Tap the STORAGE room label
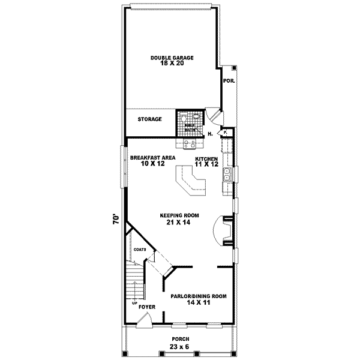pyautogui.click(x=150, y=119)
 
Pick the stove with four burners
pyautogui.click(x=190, y=143)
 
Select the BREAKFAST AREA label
pyautogui.click(x=152, y=157)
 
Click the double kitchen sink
pyautogui.click(x=228, y=175)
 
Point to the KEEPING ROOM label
pyautogui.click(x=179, y=215)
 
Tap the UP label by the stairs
pyautogui.click(x=135, y=302)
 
